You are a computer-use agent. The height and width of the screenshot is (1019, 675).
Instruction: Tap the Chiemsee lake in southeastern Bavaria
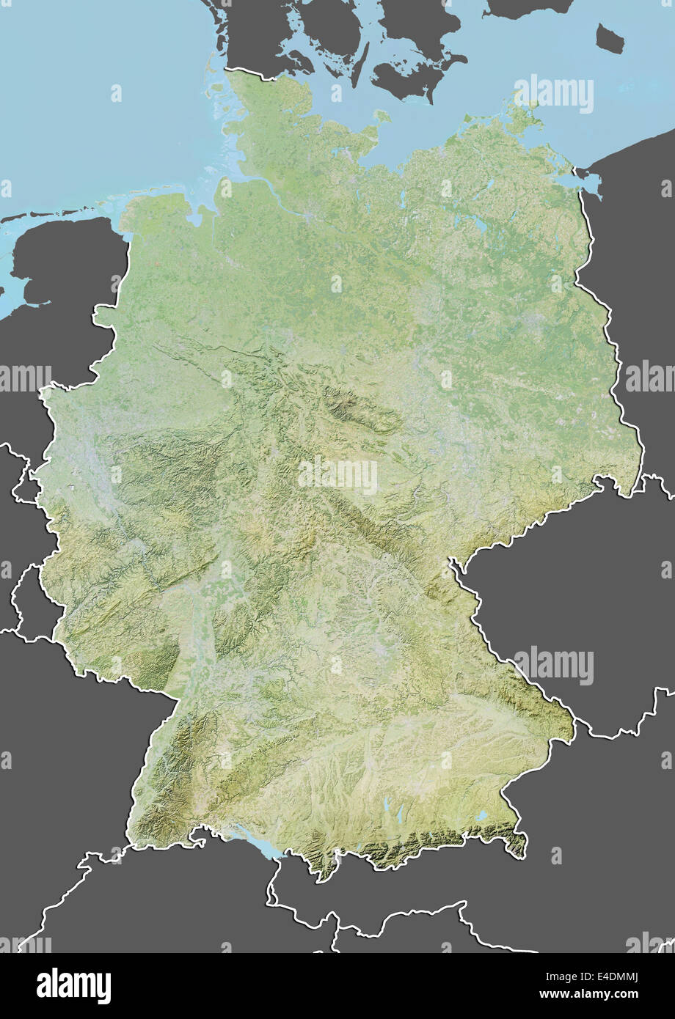coord(481,815)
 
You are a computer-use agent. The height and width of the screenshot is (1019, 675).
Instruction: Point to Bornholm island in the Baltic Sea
coord(610,38)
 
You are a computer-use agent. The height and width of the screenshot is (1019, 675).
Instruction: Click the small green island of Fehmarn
coord(382,115)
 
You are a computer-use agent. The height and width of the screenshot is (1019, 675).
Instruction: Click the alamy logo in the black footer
coord(73,986)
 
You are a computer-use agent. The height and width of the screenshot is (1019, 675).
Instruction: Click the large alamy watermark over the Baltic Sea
coord(554,94)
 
